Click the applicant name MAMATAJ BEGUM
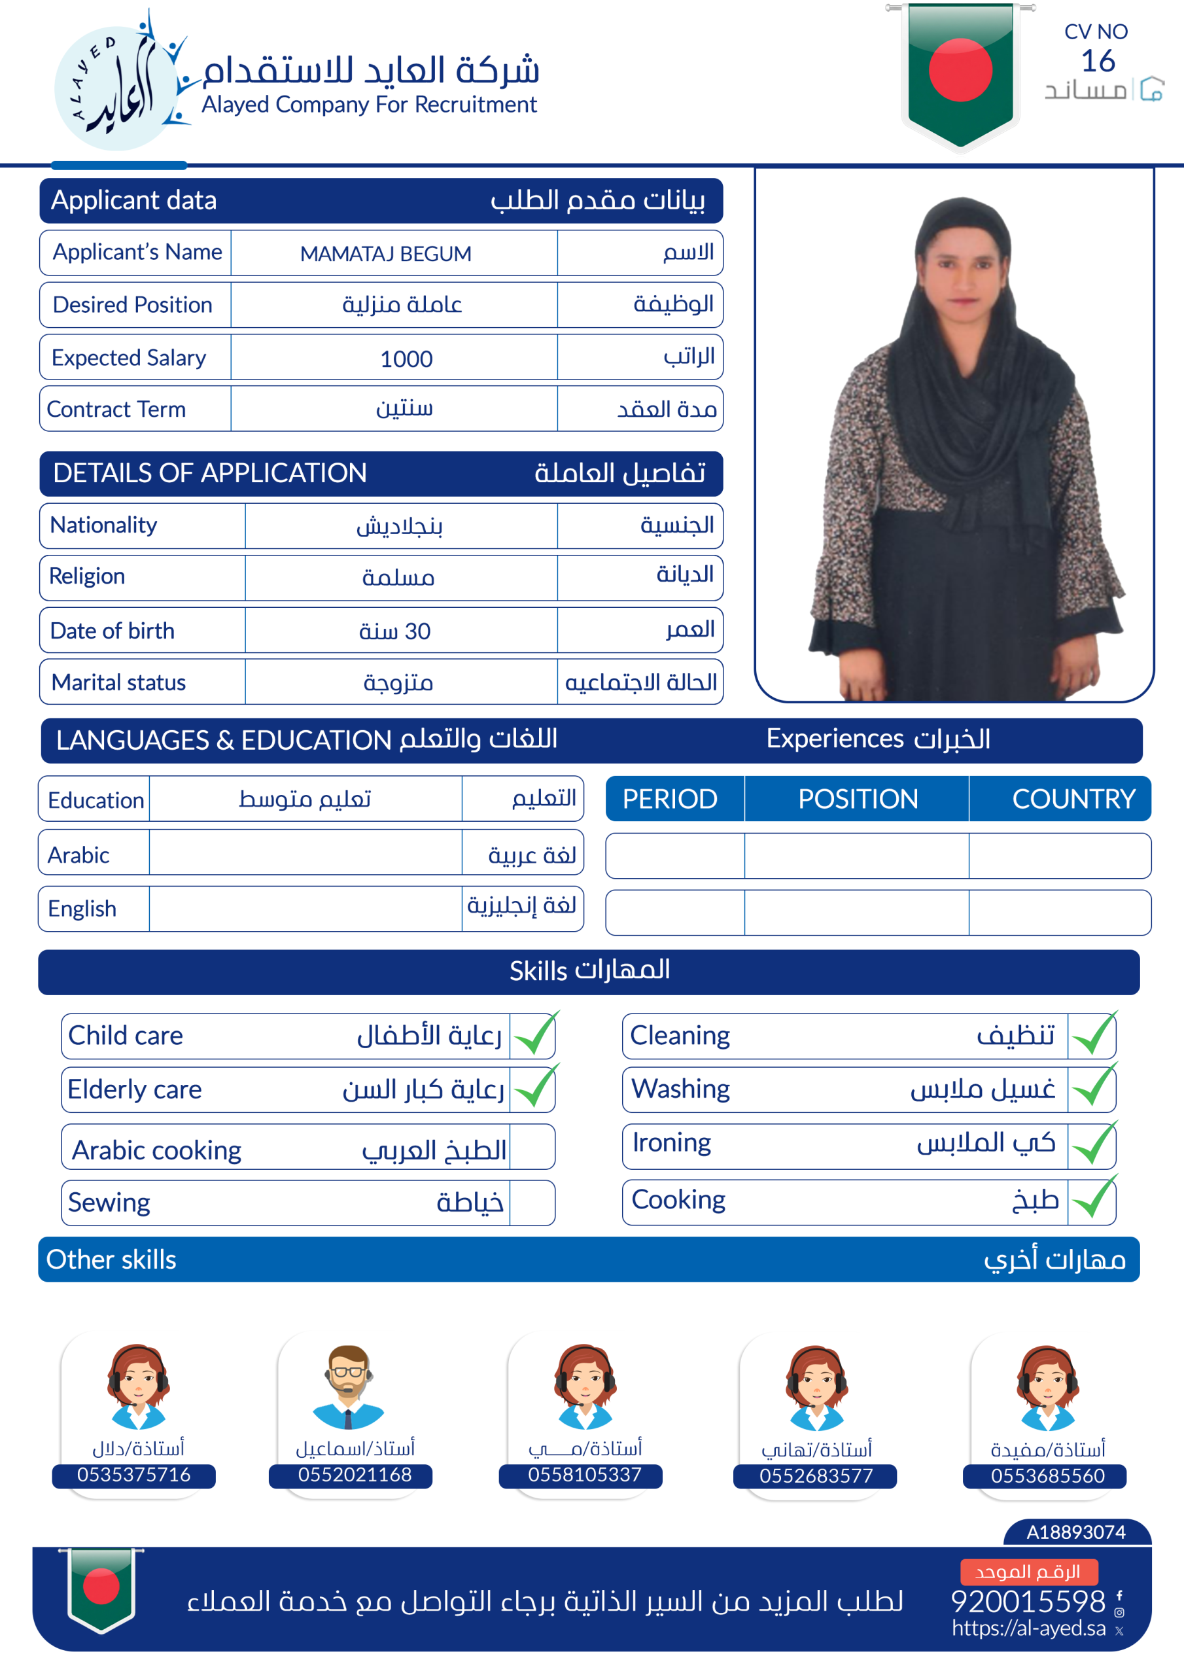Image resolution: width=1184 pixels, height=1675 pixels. pos(385,254)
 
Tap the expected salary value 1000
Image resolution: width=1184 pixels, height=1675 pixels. pos(406,359)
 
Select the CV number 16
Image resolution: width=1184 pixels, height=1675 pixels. pos(1097,62)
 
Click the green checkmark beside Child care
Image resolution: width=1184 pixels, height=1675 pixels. pos(534,1034)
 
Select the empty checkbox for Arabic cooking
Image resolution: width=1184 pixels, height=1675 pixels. pos(532,1147)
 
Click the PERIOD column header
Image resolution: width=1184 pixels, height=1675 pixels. pos(670,799)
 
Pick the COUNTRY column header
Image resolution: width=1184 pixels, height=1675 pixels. pos(1073,799)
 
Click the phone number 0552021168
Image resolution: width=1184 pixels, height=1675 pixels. pos(355,1474)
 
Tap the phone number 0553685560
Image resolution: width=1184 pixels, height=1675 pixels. pos(1047,1476)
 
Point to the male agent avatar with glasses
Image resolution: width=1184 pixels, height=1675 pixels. pos(348,1386)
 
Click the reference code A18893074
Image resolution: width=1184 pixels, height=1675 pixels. pos(1075,1532)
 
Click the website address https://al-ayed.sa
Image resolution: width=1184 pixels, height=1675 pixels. pos(1028,1629)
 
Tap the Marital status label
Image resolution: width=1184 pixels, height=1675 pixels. pos(119,683)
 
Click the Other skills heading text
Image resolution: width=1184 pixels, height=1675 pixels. pos(112,1260)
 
